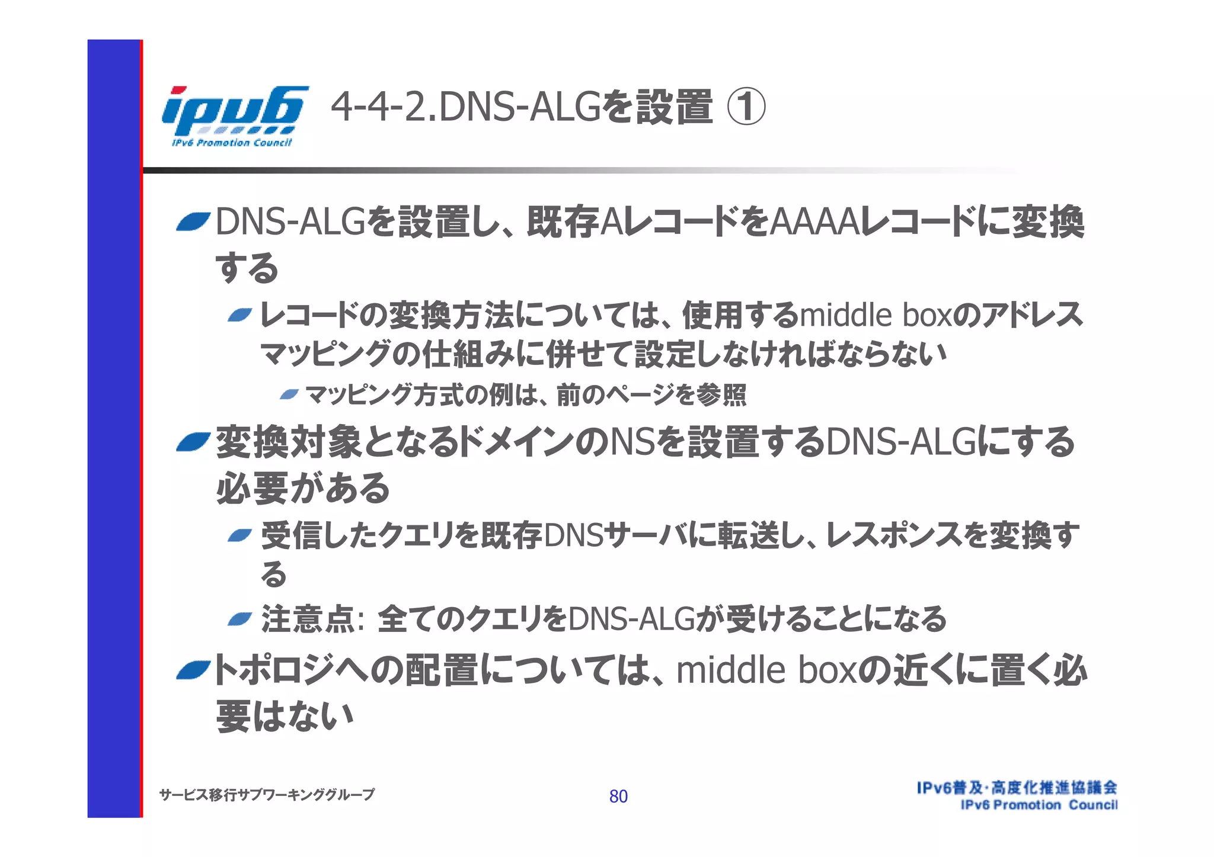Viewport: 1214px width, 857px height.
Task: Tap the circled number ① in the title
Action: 746,107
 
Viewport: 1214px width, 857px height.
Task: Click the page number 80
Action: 618,796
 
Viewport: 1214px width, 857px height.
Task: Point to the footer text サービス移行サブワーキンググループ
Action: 267,794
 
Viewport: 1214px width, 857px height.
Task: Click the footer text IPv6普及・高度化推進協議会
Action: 1017,787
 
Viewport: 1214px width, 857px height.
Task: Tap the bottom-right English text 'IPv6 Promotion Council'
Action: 1039,805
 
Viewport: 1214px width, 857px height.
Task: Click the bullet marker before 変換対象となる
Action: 193,442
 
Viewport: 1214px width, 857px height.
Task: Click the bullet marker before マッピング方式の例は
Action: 289,394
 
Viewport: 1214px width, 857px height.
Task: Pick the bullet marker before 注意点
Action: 241,620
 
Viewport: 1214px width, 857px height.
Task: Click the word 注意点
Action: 308,619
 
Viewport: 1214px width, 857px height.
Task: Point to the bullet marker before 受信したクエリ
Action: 241,536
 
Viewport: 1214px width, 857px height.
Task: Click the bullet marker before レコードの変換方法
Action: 241,314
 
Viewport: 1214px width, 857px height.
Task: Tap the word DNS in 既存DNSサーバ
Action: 573,535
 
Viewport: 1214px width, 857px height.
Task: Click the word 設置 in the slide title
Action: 675,107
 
